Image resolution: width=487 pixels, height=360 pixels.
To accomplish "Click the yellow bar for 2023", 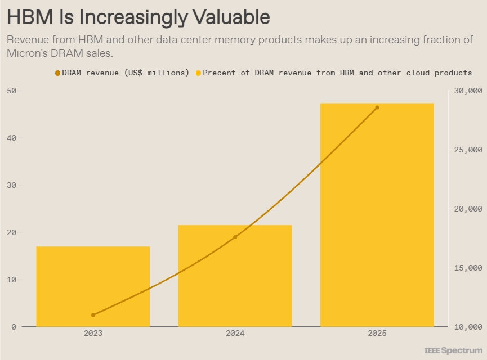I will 93,286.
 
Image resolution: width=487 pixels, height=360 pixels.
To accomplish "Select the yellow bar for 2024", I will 235,276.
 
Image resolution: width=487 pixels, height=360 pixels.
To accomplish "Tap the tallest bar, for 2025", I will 377,214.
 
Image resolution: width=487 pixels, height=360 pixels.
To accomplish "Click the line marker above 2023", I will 93,315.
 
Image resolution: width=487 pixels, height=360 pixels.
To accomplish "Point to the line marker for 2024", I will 235,237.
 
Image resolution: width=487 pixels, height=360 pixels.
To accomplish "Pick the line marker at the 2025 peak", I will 377,107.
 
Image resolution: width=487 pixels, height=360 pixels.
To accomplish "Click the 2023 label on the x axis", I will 93,334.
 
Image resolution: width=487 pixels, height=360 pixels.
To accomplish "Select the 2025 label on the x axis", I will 377,334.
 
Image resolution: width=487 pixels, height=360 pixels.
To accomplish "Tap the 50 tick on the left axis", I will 12,91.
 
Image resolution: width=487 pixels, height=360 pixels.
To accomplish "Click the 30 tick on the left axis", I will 12,185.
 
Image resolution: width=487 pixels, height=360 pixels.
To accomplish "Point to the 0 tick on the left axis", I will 14,327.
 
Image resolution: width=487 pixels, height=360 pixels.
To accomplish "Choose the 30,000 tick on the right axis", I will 467,91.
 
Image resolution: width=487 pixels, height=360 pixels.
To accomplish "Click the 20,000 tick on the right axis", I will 467,209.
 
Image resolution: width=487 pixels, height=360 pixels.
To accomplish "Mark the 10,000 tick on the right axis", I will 467,327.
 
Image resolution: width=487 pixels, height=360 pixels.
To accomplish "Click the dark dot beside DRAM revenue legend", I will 57,73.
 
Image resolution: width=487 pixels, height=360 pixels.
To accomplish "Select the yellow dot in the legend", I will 198,73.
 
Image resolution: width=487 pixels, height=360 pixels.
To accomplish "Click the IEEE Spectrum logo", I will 453,350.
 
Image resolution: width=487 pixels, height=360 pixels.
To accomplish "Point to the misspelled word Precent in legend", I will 220,73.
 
